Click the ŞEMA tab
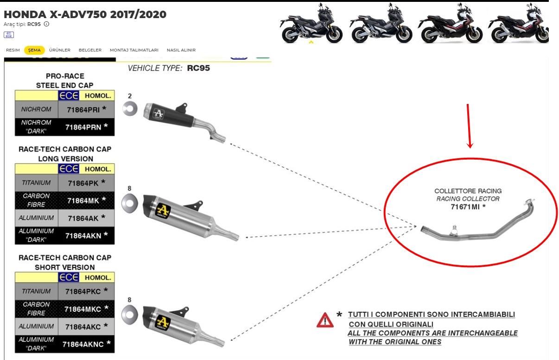point(35,50)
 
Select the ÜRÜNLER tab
point(59,50)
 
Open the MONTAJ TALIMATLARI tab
point(134,50)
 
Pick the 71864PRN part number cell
point(85,127)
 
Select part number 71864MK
point(85,200)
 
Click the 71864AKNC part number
point(85,344)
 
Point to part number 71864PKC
point(85,291)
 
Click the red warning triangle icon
point(325,321)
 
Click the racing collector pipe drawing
point(477,227)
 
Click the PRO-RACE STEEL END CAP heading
point(65,80)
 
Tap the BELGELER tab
point(90,50)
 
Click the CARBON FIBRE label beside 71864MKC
point(36,309)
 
